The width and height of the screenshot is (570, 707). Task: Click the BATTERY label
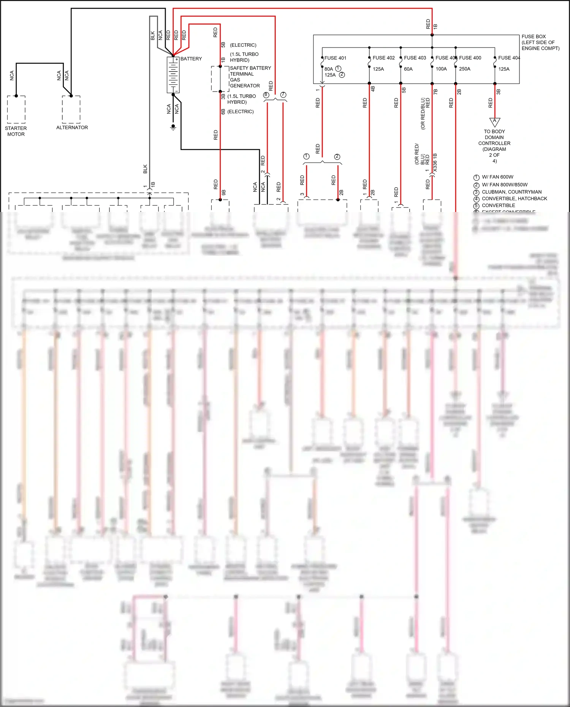[x=191, y=59]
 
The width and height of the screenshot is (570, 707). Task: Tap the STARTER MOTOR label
[x=16, y=131]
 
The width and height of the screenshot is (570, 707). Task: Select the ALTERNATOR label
[x=72, y=128]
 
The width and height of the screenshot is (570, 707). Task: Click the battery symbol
[x=173, y=75]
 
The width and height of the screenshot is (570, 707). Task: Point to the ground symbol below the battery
[x=173, y=127]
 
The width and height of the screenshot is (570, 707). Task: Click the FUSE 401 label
[x=335, y=58]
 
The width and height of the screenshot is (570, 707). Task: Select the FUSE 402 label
[x=383, y=58]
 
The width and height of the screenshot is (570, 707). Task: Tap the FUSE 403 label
[x=415, y=58]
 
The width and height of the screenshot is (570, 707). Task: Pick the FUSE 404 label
[x=509, y=58]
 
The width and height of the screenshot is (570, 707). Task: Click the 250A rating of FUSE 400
[x=464, y=69]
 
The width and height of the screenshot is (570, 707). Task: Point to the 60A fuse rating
[x=408, y=69]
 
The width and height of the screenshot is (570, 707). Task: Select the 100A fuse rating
[x=441, y=69]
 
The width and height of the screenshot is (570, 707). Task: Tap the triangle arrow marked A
[x=494, y=122]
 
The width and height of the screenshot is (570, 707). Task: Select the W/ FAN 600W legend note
[x=497, y=177]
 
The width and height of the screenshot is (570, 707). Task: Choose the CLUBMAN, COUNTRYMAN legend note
[x=511, y=192]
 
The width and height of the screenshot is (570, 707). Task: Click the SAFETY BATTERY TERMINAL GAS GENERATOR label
[x=250, y=77]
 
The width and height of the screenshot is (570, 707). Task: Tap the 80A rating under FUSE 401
[x=329, y=69]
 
